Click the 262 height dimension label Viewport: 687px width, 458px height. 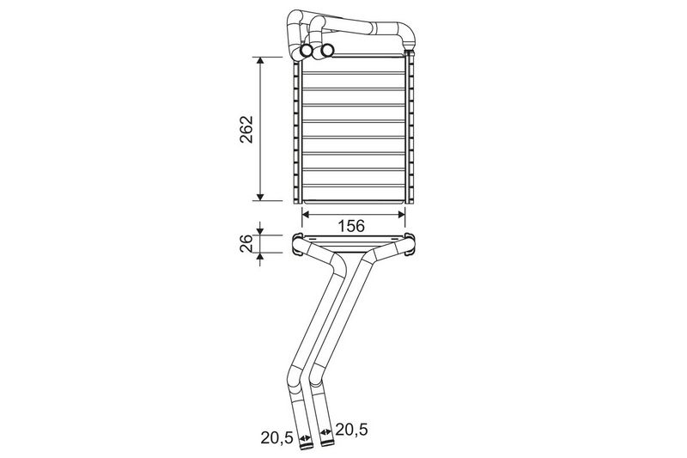246,129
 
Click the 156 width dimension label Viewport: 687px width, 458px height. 351,226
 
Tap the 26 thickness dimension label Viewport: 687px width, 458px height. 246,243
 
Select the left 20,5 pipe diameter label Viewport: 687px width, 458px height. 277,437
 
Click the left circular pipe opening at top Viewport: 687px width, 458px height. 307,51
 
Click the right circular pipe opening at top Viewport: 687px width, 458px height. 327,51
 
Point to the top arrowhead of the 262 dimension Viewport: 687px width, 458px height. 260,61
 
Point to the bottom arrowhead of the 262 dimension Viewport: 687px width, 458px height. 260,197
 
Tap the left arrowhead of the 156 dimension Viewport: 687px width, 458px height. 307,214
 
